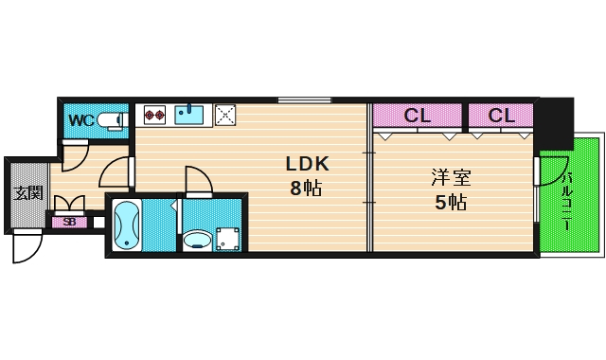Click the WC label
(81, 120)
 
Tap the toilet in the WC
(112, 119)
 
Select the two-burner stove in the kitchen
(154, 116)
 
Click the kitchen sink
(189, 116)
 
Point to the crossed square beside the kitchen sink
(225, 116)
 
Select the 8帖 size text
(306, 188)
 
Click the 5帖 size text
(450, 201)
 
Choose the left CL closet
(418, 116)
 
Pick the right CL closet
(501, 116)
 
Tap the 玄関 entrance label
(28, 193)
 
